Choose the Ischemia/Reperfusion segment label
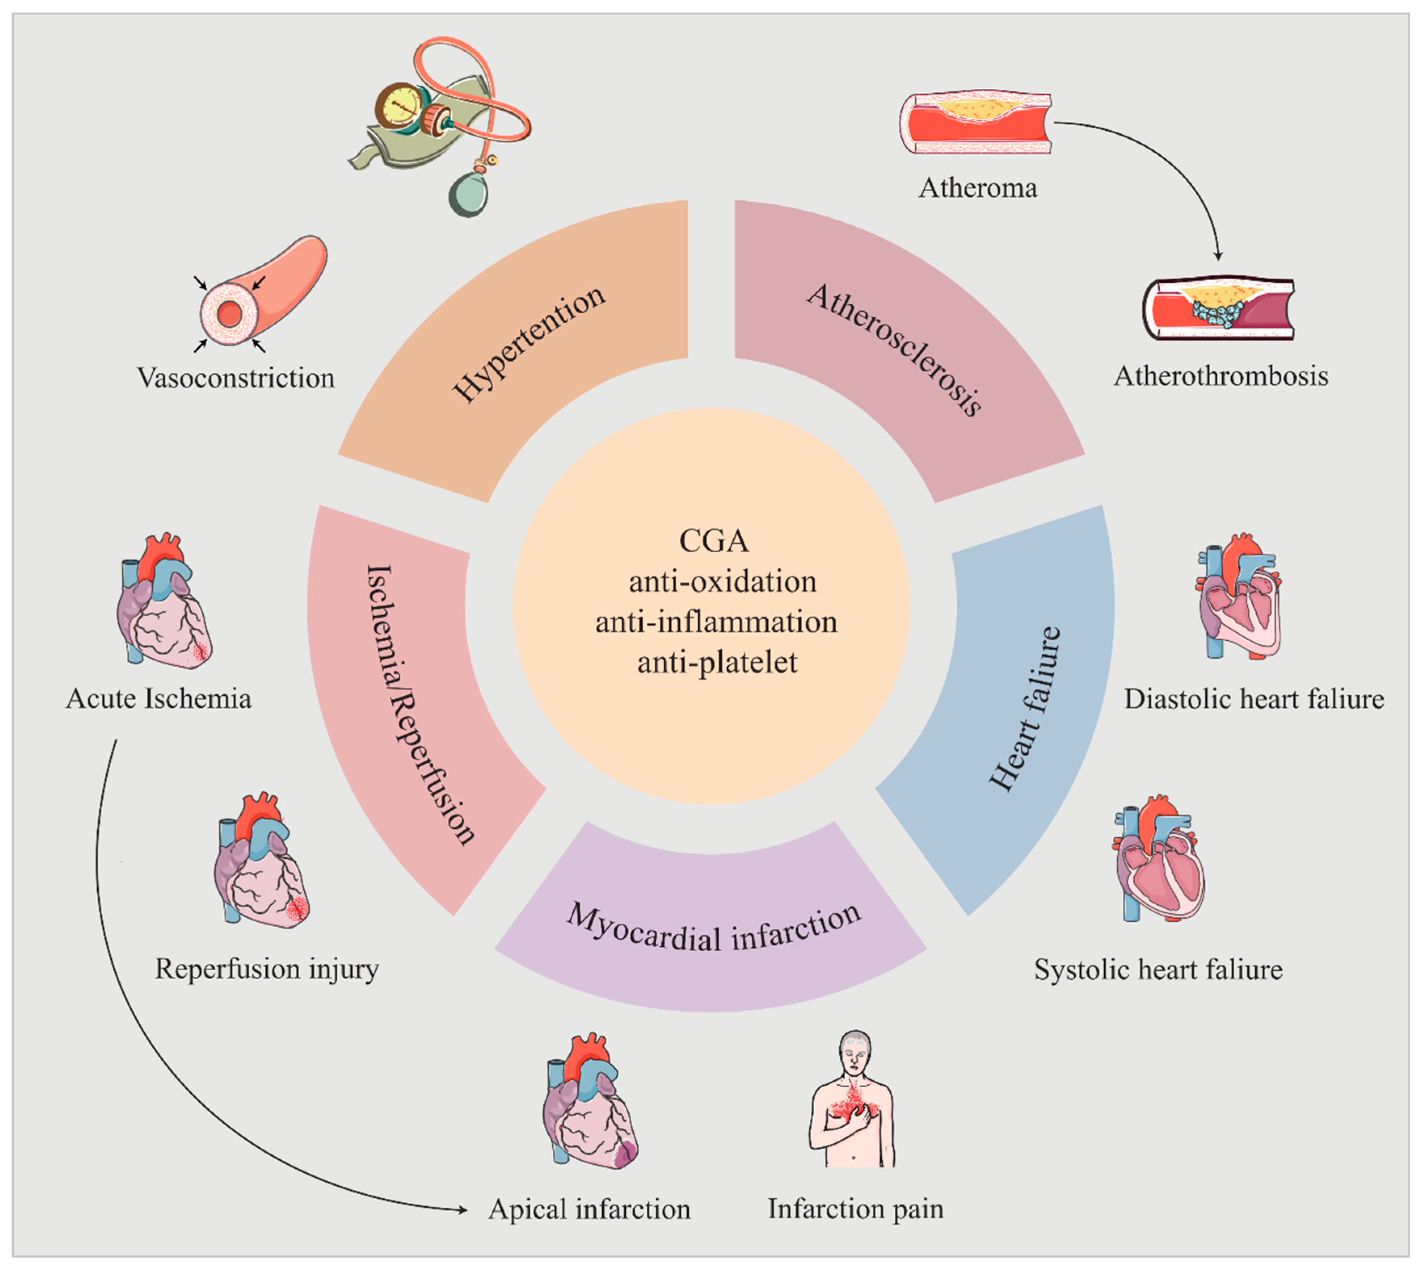(420, 705)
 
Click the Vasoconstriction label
(235, 378)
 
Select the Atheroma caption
(977, 188)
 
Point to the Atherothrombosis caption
(1221, 376)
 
